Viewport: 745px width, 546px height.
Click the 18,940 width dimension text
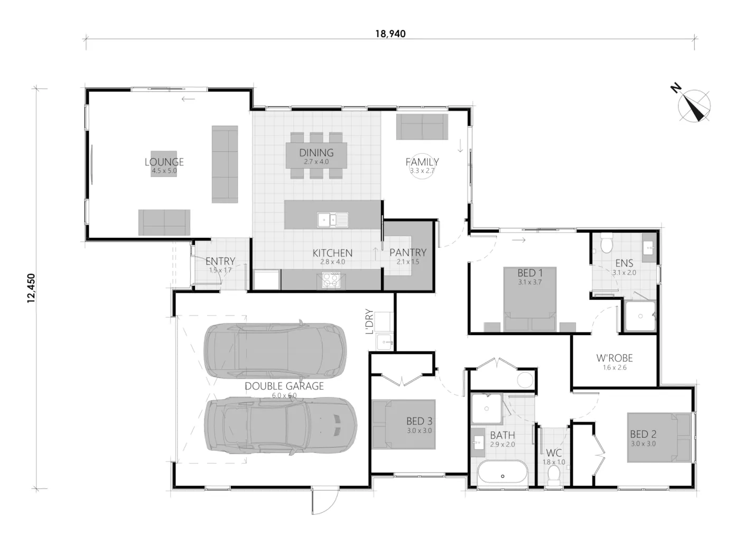point(390,34)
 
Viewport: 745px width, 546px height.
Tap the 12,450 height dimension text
point(31,288)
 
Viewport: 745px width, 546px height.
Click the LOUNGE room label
point(164,162)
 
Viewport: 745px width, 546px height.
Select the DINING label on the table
point(316,153)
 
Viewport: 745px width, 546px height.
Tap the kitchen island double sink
point(332,220)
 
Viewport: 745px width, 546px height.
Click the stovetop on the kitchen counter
point(331,280)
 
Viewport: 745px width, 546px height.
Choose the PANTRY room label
point(408,253)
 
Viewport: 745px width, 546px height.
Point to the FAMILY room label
point(422,162)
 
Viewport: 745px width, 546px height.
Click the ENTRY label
point(220,261)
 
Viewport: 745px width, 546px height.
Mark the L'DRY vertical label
point(370,322)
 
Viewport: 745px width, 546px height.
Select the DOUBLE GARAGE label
point(284,386)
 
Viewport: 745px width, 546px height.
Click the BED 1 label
point(530,273)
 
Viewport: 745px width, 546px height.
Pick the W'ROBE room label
point(614,358)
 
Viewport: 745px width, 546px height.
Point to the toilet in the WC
point(553,476)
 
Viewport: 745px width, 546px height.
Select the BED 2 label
point(643,434)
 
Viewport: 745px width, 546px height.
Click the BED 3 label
point(419,421)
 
